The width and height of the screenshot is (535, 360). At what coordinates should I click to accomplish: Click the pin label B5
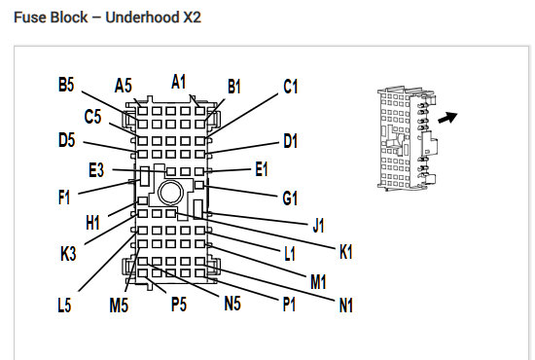[x=66, y=86]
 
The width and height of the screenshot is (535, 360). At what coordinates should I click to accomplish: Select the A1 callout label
[x=179, y=82]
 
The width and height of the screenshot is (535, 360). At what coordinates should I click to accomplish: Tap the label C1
[x=290, y=88]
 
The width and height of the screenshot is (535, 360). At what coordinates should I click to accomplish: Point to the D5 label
[x=66, y=141]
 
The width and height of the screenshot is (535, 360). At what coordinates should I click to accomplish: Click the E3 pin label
[x=95, y=170]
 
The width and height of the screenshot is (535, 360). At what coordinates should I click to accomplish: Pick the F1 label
[x=64, y=198]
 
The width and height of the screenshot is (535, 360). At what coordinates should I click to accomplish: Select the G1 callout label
[x=290, y=199]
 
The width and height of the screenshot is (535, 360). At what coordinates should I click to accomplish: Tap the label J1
[x=318, y=226]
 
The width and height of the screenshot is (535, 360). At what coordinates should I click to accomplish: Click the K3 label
[x=67, y=255]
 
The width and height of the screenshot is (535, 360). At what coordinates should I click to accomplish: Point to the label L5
[x=64, y=306]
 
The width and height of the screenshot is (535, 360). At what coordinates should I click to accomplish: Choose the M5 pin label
[x=119, y=306]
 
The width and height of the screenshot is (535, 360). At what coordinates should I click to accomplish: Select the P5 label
[x=179, y=306]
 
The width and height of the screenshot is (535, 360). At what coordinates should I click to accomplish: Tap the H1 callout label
[x=92, y=223]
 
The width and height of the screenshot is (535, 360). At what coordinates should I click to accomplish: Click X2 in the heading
[x=192, y=18]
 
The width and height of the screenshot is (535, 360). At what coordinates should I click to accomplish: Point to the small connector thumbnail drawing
[x=401, y=135]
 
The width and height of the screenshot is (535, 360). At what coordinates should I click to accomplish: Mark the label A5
[x=124, y=86]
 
